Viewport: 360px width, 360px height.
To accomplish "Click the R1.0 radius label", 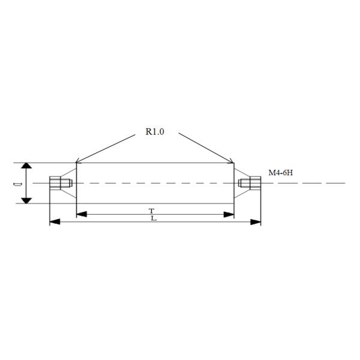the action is coord(155,131).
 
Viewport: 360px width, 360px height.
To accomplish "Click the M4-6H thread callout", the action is coord(281,172).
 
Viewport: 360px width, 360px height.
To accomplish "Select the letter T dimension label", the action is coord(151,211).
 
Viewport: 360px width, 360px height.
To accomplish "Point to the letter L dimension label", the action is coord(154,218).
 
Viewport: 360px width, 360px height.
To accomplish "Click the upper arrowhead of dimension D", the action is coord(26,166).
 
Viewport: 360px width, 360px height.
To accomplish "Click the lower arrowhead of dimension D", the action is coord(26,200).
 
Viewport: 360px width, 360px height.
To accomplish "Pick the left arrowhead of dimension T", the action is coord(82,214).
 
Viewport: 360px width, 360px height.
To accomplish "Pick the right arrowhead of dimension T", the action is coord(229,214).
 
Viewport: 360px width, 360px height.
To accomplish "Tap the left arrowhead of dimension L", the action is coord(55,222).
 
